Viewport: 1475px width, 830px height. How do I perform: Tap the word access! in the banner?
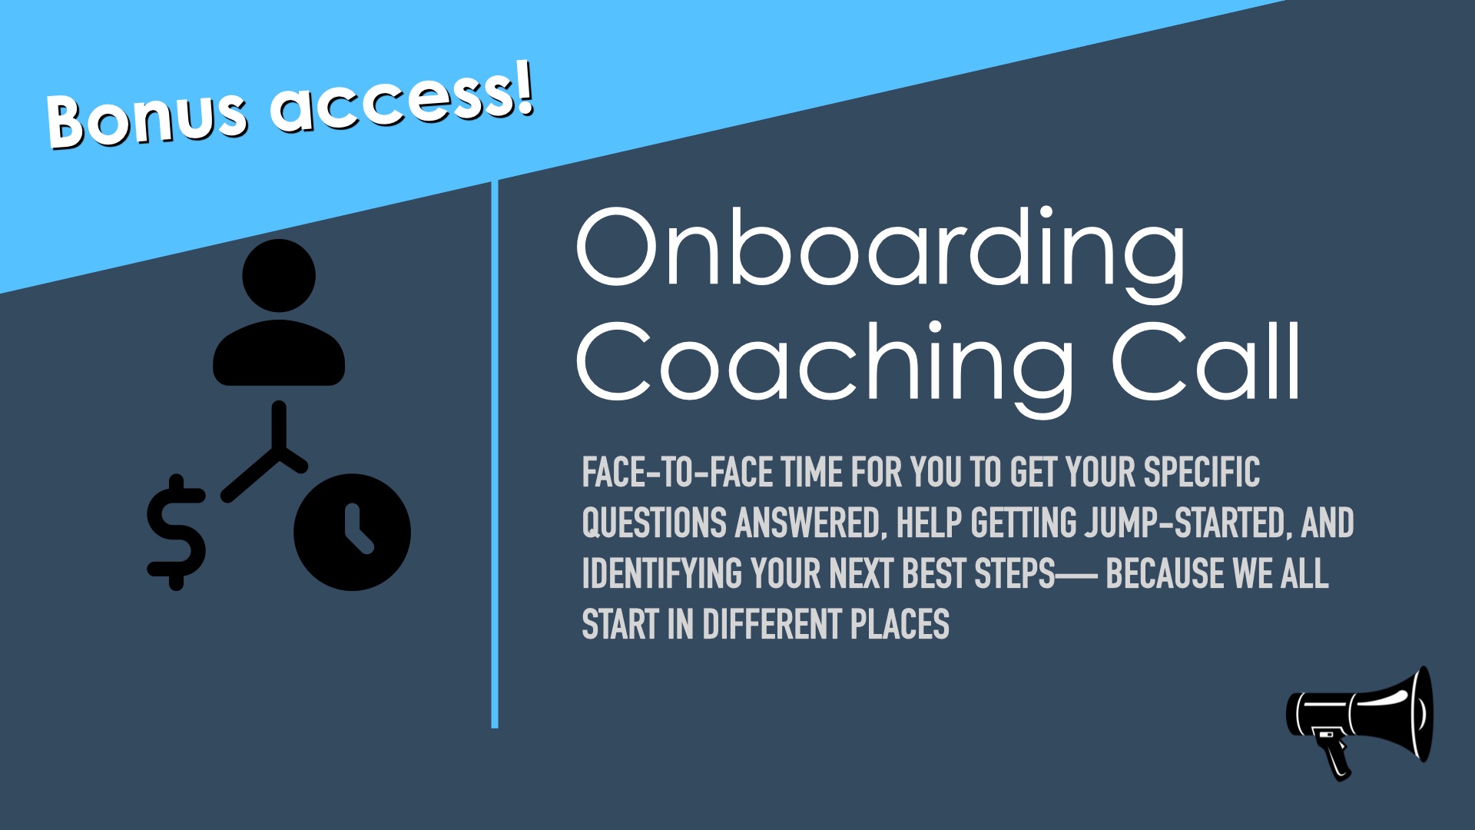[x=400, y=100]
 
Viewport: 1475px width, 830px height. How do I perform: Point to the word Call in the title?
[x=1205, y=361]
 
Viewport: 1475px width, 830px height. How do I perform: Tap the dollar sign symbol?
[x=177, y=532]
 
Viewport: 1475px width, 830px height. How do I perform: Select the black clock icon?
[x=352, y=532]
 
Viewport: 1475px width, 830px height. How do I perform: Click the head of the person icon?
[x=279, y=275]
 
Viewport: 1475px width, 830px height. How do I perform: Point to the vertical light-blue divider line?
[x=495, y=454]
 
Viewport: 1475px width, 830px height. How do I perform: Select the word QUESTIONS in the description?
[x=654, y=523]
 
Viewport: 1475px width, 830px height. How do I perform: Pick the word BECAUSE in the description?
[x=1165, y=573]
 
